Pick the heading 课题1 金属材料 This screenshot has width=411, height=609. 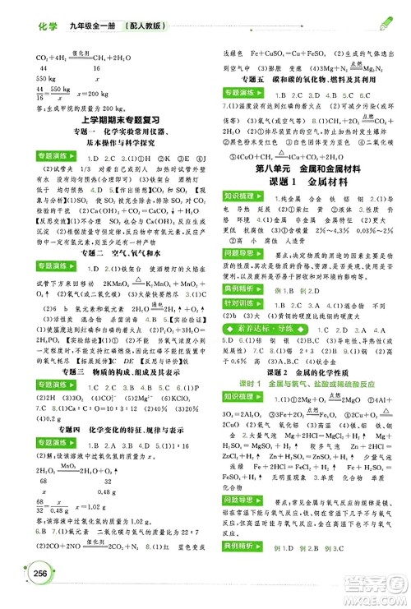pyautogui.click(x=306, y=183)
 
